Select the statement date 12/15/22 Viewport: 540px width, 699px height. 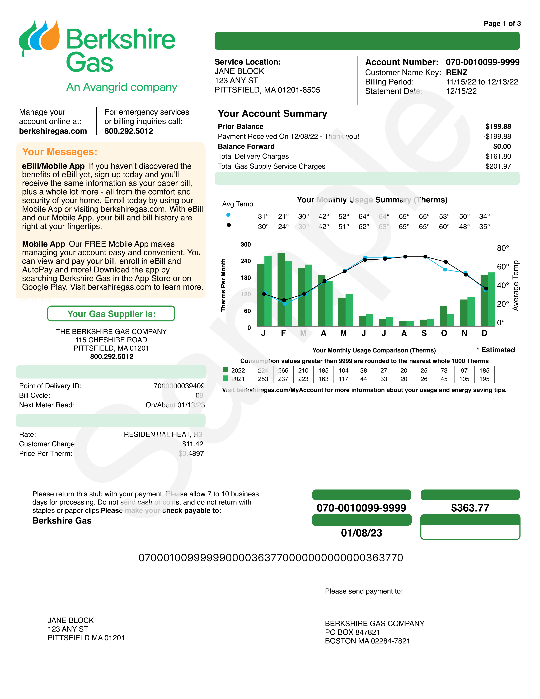point(461,91)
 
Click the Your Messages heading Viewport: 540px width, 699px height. point(60,152)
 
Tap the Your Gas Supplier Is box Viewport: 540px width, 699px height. point(111,314)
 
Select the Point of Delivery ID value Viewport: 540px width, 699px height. point(179,386)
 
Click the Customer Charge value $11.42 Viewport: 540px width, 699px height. point(193,444)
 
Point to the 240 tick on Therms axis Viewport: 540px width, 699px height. point(246,261)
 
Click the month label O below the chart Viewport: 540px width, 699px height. point(444,333)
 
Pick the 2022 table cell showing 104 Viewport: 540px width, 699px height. point(344,371)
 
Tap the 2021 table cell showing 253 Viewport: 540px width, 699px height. point(263,379)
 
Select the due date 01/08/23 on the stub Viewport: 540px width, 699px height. point(362,533)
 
